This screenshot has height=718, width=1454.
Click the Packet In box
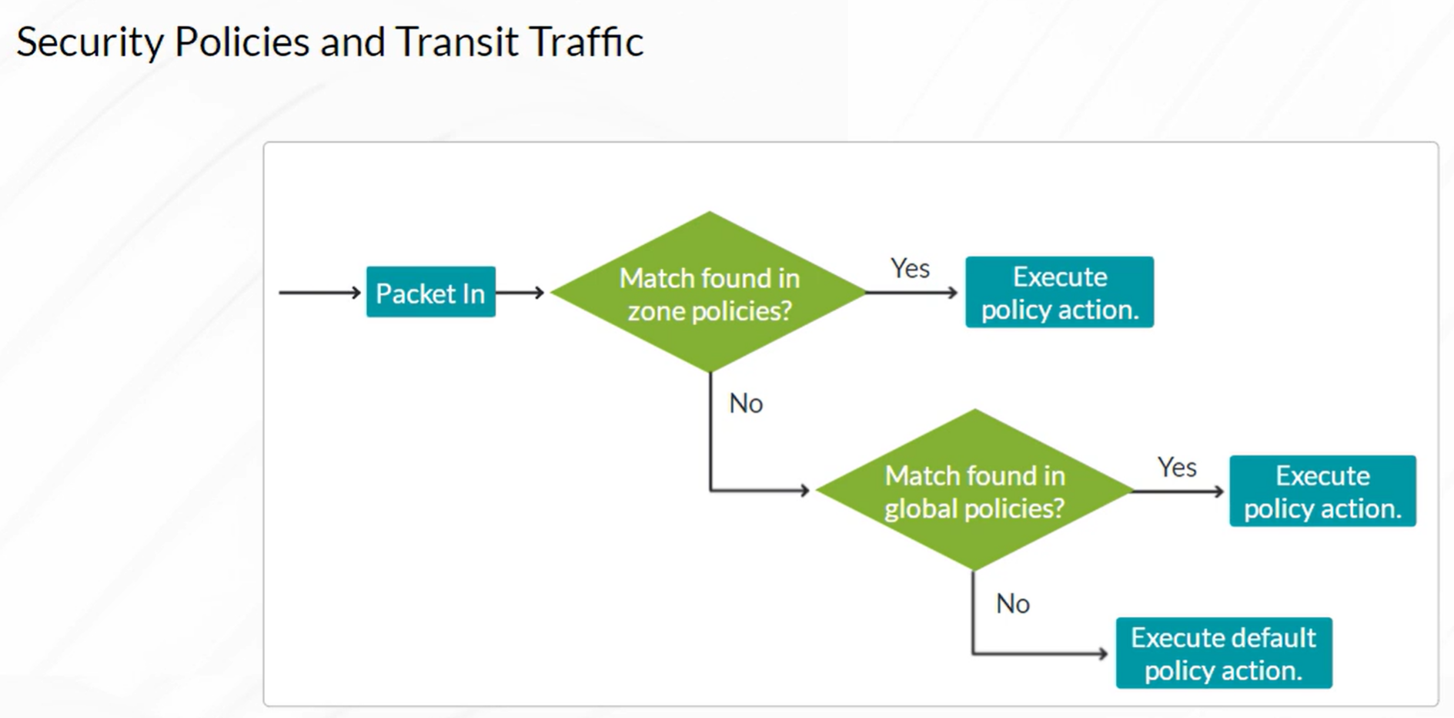point(430,292)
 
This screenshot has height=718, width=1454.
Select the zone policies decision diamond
point(709,292)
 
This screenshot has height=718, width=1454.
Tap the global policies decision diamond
point(974,490)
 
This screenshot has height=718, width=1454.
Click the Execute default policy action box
point(1224,653)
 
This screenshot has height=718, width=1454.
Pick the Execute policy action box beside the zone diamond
point(1059,292)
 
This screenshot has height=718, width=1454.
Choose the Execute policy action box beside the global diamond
point(1322,491)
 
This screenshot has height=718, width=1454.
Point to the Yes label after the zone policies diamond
point(910,268)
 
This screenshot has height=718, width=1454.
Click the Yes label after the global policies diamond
point(1177,467)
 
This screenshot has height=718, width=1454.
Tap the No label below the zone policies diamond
point(746,403)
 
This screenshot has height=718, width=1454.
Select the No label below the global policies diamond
point(1012,603)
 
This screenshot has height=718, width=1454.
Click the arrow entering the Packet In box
point(319,293)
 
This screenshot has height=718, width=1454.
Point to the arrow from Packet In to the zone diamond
point(520,293)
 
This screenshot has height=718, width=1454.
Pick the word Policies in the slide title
point(242,42)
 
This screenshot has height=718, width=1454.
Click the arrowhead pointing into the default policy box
point(1103,653)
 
